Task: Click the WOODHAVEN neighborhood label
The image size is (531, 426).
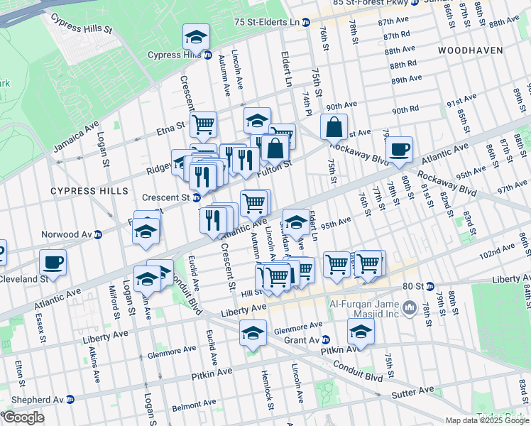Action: click(x=470, y=50)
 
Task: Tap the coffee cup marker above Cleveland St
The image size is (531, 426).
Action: click(x=53, y=262)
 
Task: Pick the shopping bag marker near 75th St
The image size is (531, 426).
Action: click(x=334, y=127)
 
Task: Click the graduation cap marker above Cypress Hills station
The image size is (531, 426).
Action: click(x=197, y=35)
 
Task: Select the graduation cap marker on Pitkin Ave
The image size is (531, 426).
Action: click(x=361, y=331)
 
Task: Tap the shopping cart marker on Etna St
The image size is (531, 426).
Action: click(x=203, y=125)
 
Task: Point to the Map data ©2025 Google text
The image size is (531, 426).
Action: click(x=487, y=420)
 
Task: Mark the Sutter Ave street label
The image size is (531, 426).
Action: click(x=415, y=390)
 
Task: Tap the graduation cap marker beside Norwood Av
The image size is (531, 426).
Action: click(x=146, y=231)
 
